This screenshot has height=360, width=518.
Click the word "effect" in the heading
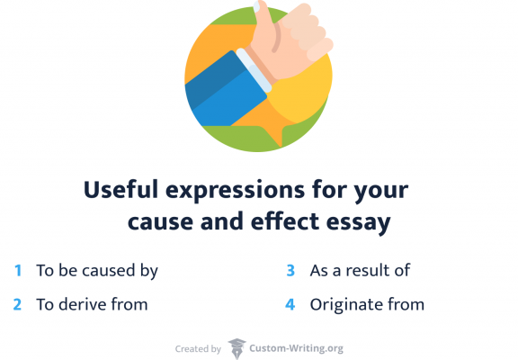pyautogui.click(x=278, y=222)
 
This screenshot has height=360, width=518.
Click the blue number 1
pyautogui.click(x=18, y=270)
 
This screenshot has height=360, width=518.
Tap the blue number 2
pyautogui.click(x=17, y=304)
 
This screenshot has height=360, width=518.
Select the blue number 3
pyautogui.click(x=290, y=270)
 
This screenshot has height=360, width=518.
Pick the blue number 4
pyautogui.click(x=290, y=304)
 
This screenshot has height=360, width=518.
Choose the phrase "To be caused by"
pyautogui.click(x=97, y=270)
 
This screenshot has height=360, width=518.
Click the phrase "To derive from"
pyautogui.click(x=92, y=304)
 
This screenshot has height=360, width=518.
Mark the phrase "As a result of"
pyautogui.click(x=360, y=270)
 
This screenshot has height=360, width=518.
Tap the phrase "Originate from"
pyautogui.click(x=367, y=304)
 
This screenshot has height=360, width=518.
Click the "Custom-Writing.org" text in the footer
pyautogui.click(x=297, y=348)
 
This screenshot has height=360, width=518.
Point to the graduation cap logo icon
pyautogui.click(x=237, y=348)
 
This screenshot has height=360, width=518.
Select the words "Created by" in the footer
pyautogui.click(x=197, y=348)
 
